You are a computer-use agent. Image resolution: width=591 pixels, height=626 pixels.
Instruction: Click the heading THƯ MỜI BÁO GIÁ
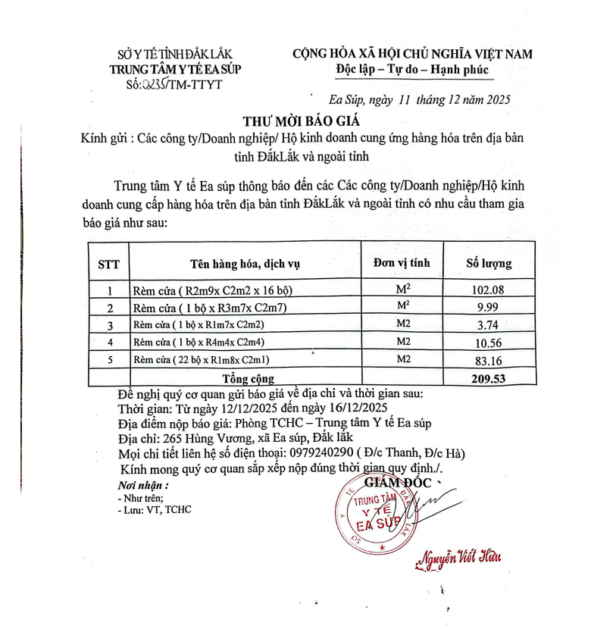302,121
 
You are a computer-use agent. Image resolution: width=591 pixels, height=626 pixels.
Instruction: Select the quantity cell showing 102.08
487,290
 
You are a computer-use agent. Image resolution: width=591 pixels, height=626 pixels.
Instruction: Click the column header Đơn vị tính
402,263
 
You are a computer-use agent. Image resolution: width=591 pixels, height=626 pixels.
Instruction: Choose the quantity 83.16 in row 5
487,359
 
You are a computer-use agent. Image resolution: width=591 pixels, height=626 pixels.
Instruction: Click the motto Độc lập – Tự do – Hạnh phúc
413,70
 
